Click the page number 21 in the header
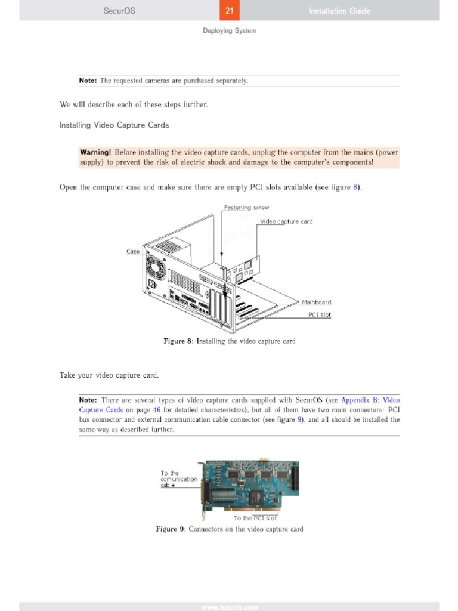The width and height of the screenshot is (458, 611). (x=230, y=10)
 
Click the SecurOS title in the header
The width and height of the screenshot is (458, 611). (x=119, y=10)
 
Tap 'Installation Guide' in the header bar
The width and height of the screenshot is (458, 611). (x=339, y=10)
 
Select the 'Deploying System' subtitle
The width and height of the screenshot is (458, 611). (x=229, y=30)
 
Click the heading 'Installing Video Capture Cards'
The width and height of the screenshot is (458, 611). (x=114, y=125)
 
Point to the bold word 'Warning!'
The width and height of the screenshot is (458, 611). (x=95, y=152)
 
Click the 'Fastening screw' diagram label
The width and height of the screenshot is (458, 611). (x=246, y=208)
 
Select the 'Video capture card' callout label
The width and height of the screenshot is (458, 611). (x=286, y=221)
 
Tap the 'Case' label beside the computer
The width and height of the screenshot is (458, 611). (x=133, y=251)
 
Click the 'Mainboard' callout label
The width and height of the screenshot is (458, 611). (x=316, y=303)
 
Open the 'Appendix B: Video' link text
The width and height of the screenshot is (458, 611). (x=370, y=400)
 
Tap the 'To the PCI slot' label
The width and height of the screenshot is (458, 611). (x=255, y=518)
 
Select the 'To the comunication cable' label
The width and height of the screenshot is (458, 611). (x=178, y=479)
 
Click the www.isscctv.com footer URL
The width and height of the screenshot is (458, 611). (x=229, y=607)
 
